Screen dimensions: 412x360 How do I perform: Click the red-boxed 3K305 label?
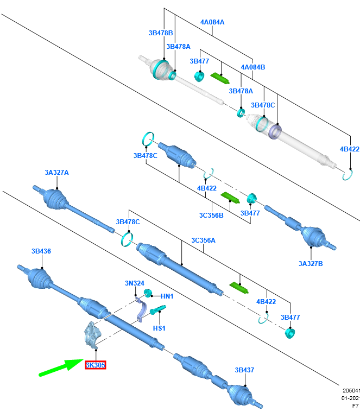pyautogui.click(x=95, y=365)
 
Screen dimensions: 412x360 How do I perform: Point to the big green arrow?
pyautogui.click(x=60, y=367)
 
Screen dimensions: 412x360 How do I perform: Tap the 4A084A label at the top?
pyautogui.click(x=212, y=22)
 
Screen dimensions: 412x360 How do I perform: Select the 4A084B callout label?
pyautogui.click(x=252, y=67)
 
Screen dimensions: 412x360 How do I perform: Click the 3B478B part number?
pyautogui.click(x=160, y=33)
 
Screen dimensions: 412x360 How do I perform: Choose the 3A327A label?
pyautogui.click(x=56, y=173)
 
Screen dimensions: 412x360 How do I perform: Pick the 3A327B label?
pyautogui.click(x=311, y=264)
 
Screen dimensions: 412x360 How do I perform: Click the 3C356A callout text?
pyautogui.click(x=203, y=240)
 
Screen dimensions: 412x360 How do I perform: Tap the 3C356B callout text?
pyautogui.click(x=211, y=215)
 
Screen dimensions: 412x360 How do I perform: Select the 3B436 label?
pyautogui.click(x=41, y=251)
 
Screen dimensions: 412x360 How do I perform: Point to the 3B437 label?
pyautogui.click(x=244, y=370)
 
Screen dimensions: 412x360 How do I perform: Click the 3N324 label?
pyautogui.click(x=134, y=283)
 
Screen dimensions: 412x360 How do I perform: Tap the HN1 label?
pyautogui.click(x=167, y=296)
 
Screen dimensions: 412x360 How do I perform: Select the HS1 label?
pyautogui.click(x=159, y=328)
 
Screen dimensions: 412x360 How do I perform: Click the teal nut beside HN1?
pyautogui.click(x=147, y=294)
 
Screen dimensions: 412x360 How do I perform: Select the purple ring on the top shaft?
pyautogui.click(x=275, y=131)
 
